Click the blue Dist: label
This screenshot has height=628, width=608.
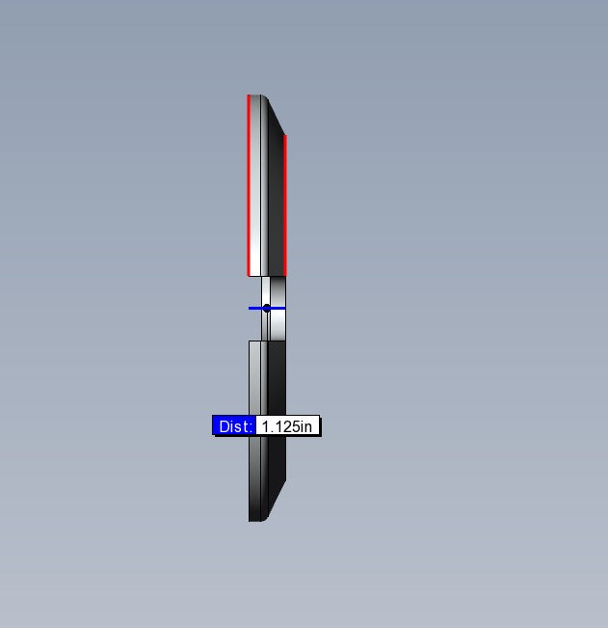point(233,425)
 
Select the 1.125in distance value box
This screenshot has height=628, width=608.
point(287,425)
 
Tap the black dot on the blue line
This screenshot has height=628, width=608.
point(267,308)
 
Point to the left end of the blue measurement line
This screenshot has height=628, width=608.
point(249,308)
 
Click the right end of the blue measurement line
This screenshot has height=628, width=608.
point(285,308)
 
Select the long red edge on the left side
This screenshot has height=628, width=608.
point(249,185)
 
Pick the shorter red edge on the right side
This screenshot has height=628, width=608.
point(285,205)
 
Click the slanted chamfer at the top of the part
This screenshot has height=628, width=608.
point(276,116)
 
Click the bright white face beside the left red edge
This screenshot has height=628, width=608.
point(255,185)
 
